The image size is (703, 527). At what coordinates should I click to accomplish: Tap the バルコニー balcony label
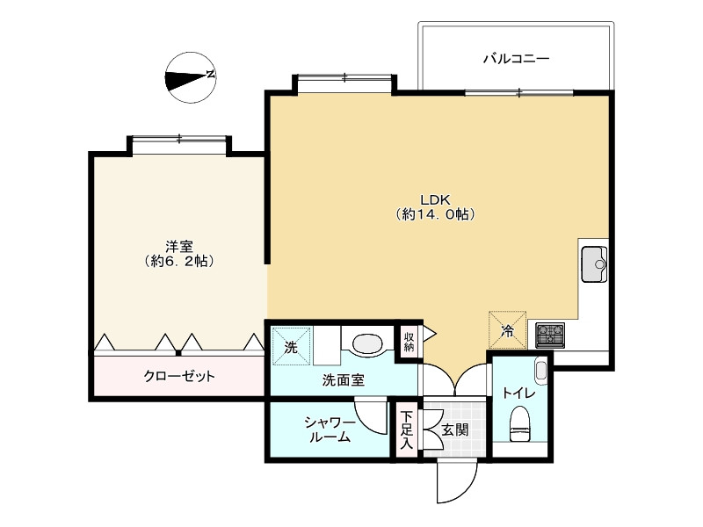(x=517, y=59)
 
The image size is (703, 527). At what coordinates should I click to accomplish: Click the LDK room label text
(x=434, y=206)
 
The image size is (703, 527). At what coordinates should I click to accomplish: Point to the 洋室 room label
(x=179, y=253)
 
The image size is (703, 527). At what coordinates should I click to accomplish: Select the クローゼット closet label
(x=179, y=376)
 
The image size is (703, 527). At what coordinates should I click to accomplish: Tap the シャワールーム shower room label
(x=330, y=430)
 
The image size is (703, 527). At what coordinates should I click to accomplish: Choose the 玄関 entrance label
(x=454, y=430)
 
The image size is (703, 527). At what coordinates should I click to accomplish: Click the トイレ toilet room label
(x=518, y=393)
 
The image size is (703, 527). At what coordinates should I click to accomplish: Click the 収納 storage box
(x=409, y=342)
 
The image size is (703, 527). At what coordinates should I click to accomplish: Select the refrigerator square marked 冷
(x=508, y=329)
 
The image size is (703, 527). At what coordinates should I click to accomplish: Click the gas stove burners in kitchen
(x=550, y=334)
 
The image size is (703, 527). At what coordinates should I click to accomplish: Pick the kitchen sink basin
(x=596, y=263)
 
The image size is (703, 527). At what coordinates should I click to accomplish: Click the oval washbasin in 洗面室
(x=366, y=342)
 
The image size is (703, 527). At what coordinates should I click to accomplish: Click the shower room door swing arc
(x=372, y=415)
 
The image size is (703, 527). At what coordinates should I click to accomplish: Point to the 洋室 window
(x=179, y=139)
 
